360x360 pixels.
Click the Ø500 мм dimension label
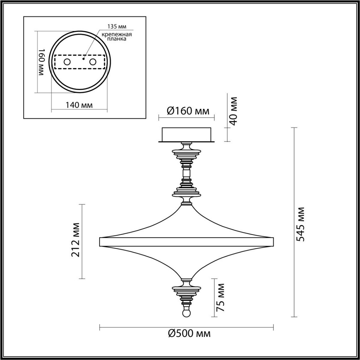tap(189, 333)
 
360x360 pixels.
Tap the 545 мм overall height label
tap(300, 224)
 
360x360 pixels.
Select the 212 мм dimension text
tap(76, 240)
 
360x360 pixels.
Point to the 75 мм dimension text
tap(220, 297)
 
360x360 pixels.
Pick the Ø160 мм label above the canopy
tap(188, 111)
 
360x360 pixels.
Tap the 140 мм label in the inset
tap(79, 105)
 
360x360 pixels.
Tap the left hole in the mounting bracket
tap(67, 62)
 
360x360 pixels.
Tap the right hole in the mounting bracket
tap(93, 62)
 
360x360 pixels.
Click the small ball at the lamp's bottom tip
tap(186, 314)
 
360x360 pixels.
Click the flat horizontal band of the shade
tap(186, 242)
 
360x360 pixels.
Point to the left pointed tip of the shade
tap(100, 242)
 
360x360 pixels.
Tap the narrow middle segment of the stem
tap(186, 174)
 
